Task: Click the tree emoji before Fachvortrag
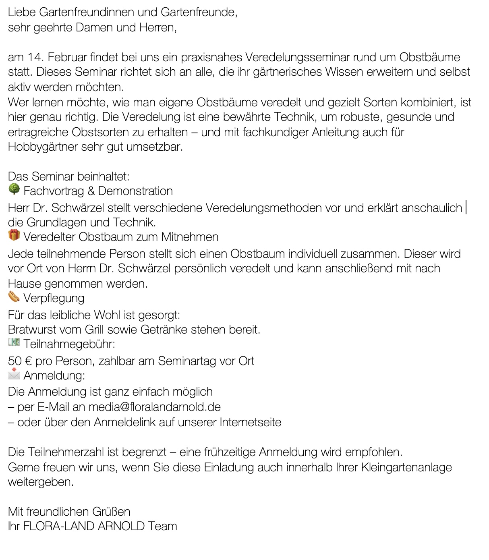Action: (14, 189)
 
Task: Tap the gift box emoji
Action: (14, 235)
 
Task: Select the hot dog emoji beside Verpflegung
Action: (14, 297)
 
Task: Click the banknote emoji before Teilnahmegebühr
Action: (14, 343)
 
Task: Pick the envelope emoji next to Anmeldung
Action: (14, 374)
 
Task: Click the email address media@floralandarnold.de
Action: (155, 407)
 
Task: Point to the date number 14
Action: (35, 57)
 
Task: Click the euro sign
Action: (28, 361)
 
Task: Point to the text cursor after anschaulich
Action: (466, 208)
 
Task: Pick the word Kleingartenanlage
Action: (406, 467)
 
